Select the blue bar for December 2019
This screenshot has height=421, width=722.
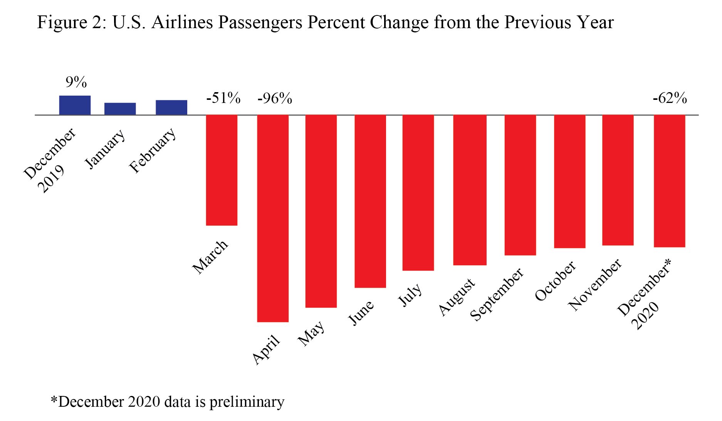click(75, 105)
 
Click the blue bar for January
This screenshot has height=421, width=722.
click(120, 109)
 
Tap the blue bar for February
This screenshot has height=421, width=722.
click(171, 108)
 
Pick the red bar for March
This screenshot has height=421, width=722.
click(222, 170)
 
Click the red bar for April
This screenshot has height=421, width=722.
click(273, 218)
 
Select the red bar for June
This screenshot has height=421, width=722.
click(370, 201)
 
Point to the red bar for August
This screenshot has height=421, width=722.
click(470, 190)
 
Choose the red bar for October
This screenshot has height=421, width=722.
click(569, 181)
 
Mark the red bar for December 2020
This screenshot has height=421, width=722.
click(669, 181)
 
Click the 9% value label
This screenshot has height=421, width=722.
click(76, 82)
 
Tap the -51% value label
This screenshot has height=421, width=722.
click(223, 98)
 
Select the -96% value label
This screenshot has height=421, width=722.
click(275, 99)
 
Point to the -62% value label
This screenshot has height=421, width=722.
click(670, 98)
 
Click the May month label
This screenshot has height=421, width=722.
click(311, 333)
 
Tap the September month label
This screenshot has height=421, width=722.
click(497, 295)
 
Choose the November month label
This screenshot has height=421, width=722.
click(595, 285)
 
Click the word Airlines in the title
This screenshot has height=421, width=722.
click(182, 22)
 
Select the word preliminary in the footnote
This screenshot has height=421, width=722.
click(247, 402)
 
